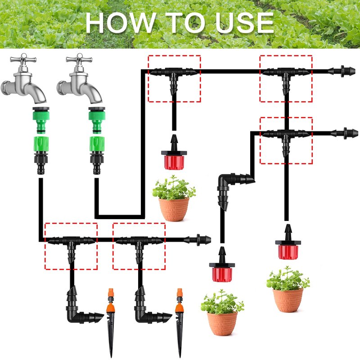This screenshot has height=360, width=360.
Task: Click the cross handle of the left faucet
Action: point(23,59)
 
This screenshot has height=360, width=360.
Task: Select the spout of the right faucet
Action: point(92,92)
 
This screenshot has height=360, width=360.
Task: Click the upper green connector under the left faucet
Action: point(41,120)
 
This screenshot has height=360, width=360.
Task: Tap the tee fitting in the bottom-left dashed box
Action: point(71,246)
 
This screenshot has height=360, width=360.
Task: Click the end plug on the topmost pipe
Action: point(342,71)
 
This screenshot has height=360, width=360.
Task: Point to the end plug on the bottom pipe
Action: point(198,240)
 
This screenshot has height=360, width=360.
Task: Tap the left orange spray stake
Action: point(110,321)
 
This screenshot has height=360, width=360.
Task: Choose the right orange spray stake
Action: point(180,321)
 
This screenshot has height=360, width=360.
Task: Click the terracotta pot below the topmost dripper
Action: point(174,209)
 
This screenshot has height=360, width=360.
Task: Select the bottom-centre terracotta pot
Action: point(222,323)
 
